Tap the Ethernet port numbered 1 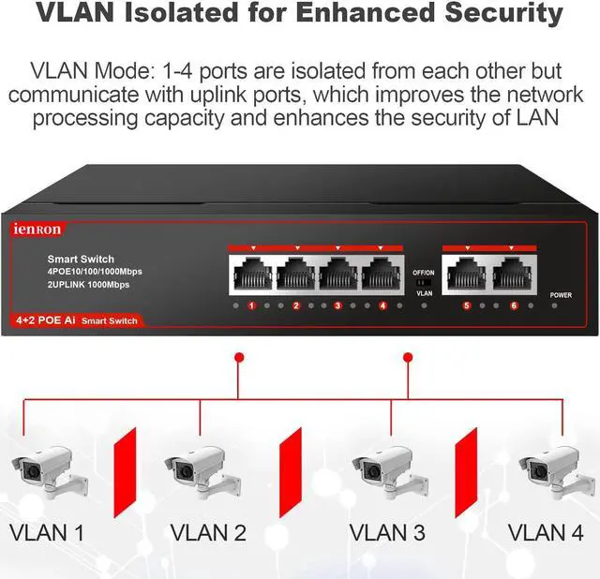point(251,275)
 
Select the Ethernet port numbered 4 point(382,275)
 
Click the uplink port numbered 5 point(467,275)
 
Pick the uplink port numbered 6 point(513,275)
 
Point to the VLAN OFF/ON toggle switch point(423,281)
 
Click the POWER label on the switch point(561,295)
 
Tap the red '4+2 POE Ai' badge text point(43,321)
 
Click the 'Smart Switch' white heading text point(81,259)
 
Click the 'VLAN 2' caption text point(208,533)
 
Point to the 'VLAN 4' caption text point(547,533)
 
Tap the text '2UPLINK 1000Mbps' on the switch point(89,284)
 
